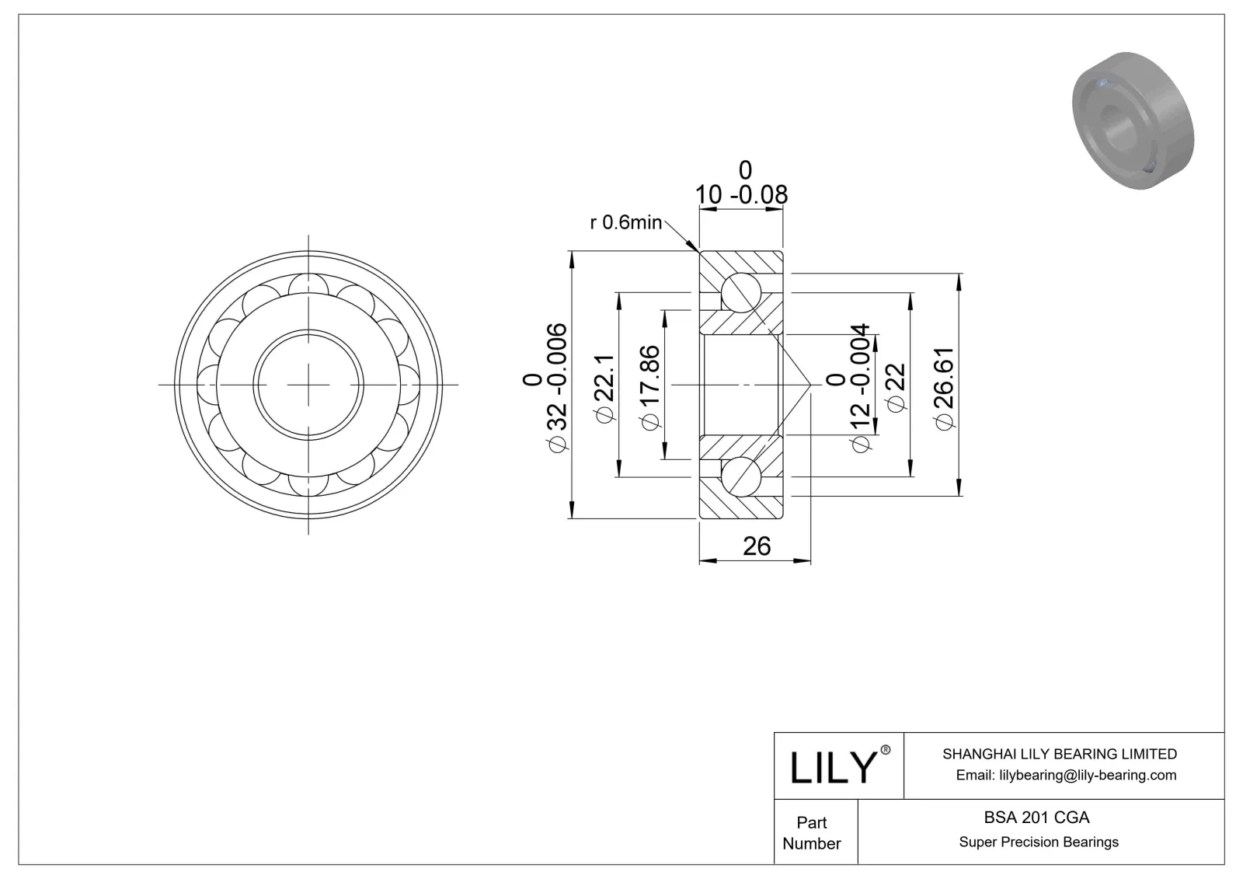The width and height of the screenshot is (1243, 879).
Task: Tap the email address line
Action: coord(1066,775)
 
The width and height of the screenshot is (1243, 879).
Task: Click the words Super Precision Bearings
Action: coord(1039,842)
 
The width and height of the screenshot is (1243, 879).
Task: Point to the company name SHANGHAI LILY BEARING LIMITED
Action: coord(1059,754)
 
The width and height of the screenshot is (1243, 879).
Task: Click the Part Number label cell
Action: coord(812,832)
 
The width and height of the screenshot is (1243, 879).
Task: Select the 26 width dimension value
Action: coord(756,546)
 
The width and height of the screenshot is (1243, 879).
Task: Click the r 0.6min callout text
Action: coord(625,223)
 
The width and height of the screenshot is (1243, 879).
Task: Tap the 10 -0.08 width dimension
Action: coord(741,194)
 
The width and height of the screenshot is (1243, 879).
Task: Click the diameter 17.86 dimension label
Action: coord(649,386)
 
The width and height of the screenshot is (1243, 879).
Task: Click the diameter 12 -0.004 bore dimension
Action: coord(858,386)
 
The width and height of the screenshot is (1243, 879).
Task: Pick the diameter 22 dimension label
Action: coord(895,386)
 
